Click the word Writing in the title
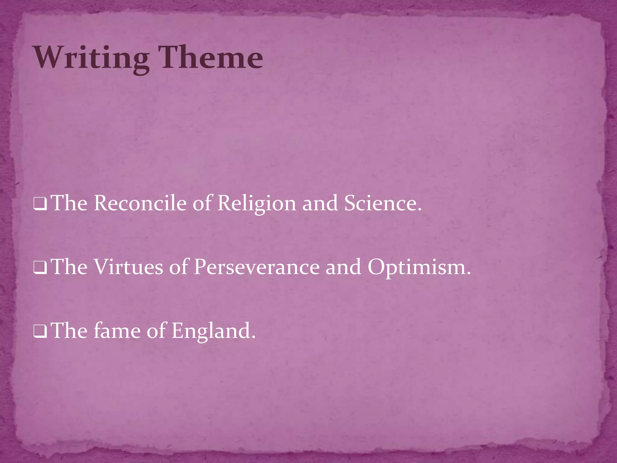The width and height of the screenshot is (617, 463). pyautogui.click(x=92, y=58)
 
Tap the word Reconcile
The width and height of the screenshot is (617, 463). pyautogui.click(x=140, y=203)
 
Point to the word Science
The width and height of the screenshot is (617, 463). pyautogui.click(x=382, y=203)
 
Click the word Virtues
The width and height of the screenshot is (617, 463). pyautogui.click(x=128, y=267)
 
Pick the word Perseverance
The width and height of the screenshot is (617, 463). pyautogui.click(x=256, y=267)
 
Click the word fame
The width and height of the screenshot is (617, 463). pyautogui.click(x=117, y=331)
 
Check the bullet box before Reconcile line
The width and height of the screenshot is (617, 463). pyautogui.click(x=40, y=205)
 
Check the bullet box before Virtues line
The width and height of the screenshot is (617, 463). pyautogui.click(x=40, y=269)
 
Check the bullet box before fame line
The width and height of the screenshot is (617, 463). pyautogui.click(x=40, y=333)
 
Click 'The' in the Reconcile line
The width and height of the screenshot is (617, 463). pyautogui.click(x=70, y=203)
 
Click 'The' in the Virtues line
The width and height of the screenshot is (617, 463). pyautogui.click(x=70, y=267)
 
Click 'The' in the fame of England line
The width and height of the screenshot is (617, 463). pyautogui.click(x=70, y=331)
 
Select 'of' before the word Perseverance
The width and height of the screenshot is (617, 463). pyautogui.click(x=179, y=267)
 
